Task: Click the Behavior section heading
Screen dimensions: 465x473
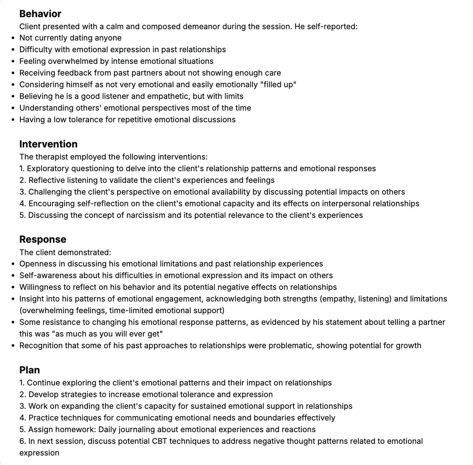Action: (x=40, y=14)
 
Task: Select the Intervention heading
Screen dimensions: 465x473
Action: (x=48, y=144)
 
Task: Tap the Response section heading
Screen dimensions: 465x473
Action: (x=43, y=239)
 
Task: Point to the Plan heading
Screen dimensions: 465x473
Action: (x=29, y=370)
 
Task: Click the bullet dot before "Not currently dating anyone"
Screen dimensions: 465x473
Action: (x=14, y=38)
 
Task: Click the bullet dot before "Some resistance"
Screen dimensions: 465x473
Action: (x=14, y=323)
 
